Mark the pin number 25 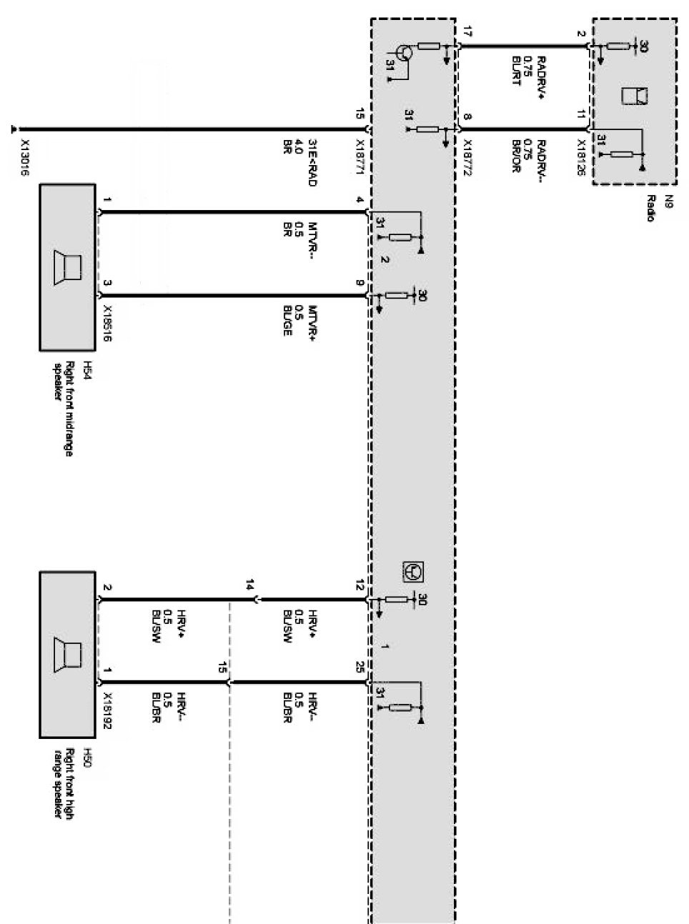pyautogui.click(x=360, y=666)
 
